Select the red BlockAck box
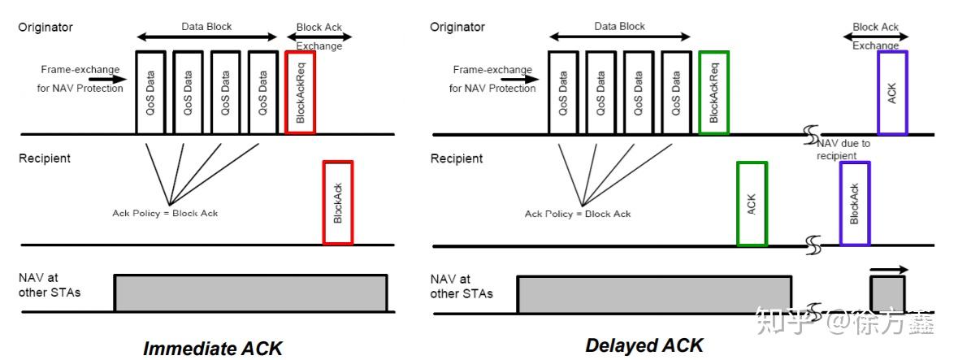point(338,202)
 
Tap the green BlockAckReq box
point(714,92)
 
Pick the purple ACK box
point(892,92)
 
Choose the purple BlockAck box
point(855,203)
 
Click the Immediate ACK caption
point(213,349)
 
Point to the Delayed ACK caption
point(644,345)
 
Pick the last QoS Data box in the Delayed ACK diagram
point(676,92)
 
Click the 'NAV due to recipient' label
point(845,149)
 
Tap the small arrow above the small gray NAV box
point(889,269)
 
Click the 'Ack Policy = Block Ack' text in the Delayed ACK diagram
point(578,214)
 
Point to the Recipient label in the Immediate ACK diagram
point(45,158)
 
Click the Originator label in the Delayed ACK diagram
point(457,28)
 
